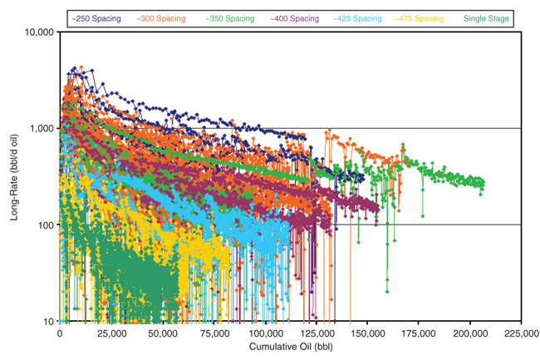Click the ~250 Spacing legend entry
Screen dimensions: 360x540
pyautogui.click(x=98, y=17)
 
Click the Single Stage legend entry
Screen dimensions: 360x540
pyautogui.click(x=484, y=17)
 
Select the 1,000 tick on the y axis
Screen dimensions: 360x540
pyautogui.click(x=42, y=129)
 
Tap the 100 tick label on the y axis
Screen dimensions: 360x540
pyautogui.click(x=46, y=225)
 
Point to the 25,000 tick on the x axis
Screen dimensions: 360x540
pyautogui.click(x=111, y=332)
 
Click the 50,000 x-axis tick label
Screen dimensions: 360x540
pyautogui.click(x=163, y=332)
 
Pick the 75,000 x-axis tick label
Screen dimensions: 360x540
pyautogui.click(x=214, y=332)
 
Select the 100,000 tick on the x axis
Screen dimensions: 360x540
pyautogui.click(x=265, y=332)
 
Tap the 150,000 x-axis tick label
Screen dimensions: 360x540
pyautogui.click(x=368, y=332)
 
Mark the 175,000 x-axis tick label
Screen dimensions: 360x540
pyautogui.click(x=420, y=332)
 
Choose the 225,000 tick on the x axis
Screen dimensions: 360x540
pyautogui.click(x=522, y=332)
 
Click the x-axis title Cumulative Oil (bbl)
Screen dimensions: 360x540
pyautogui.click(x=290, y=348)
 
